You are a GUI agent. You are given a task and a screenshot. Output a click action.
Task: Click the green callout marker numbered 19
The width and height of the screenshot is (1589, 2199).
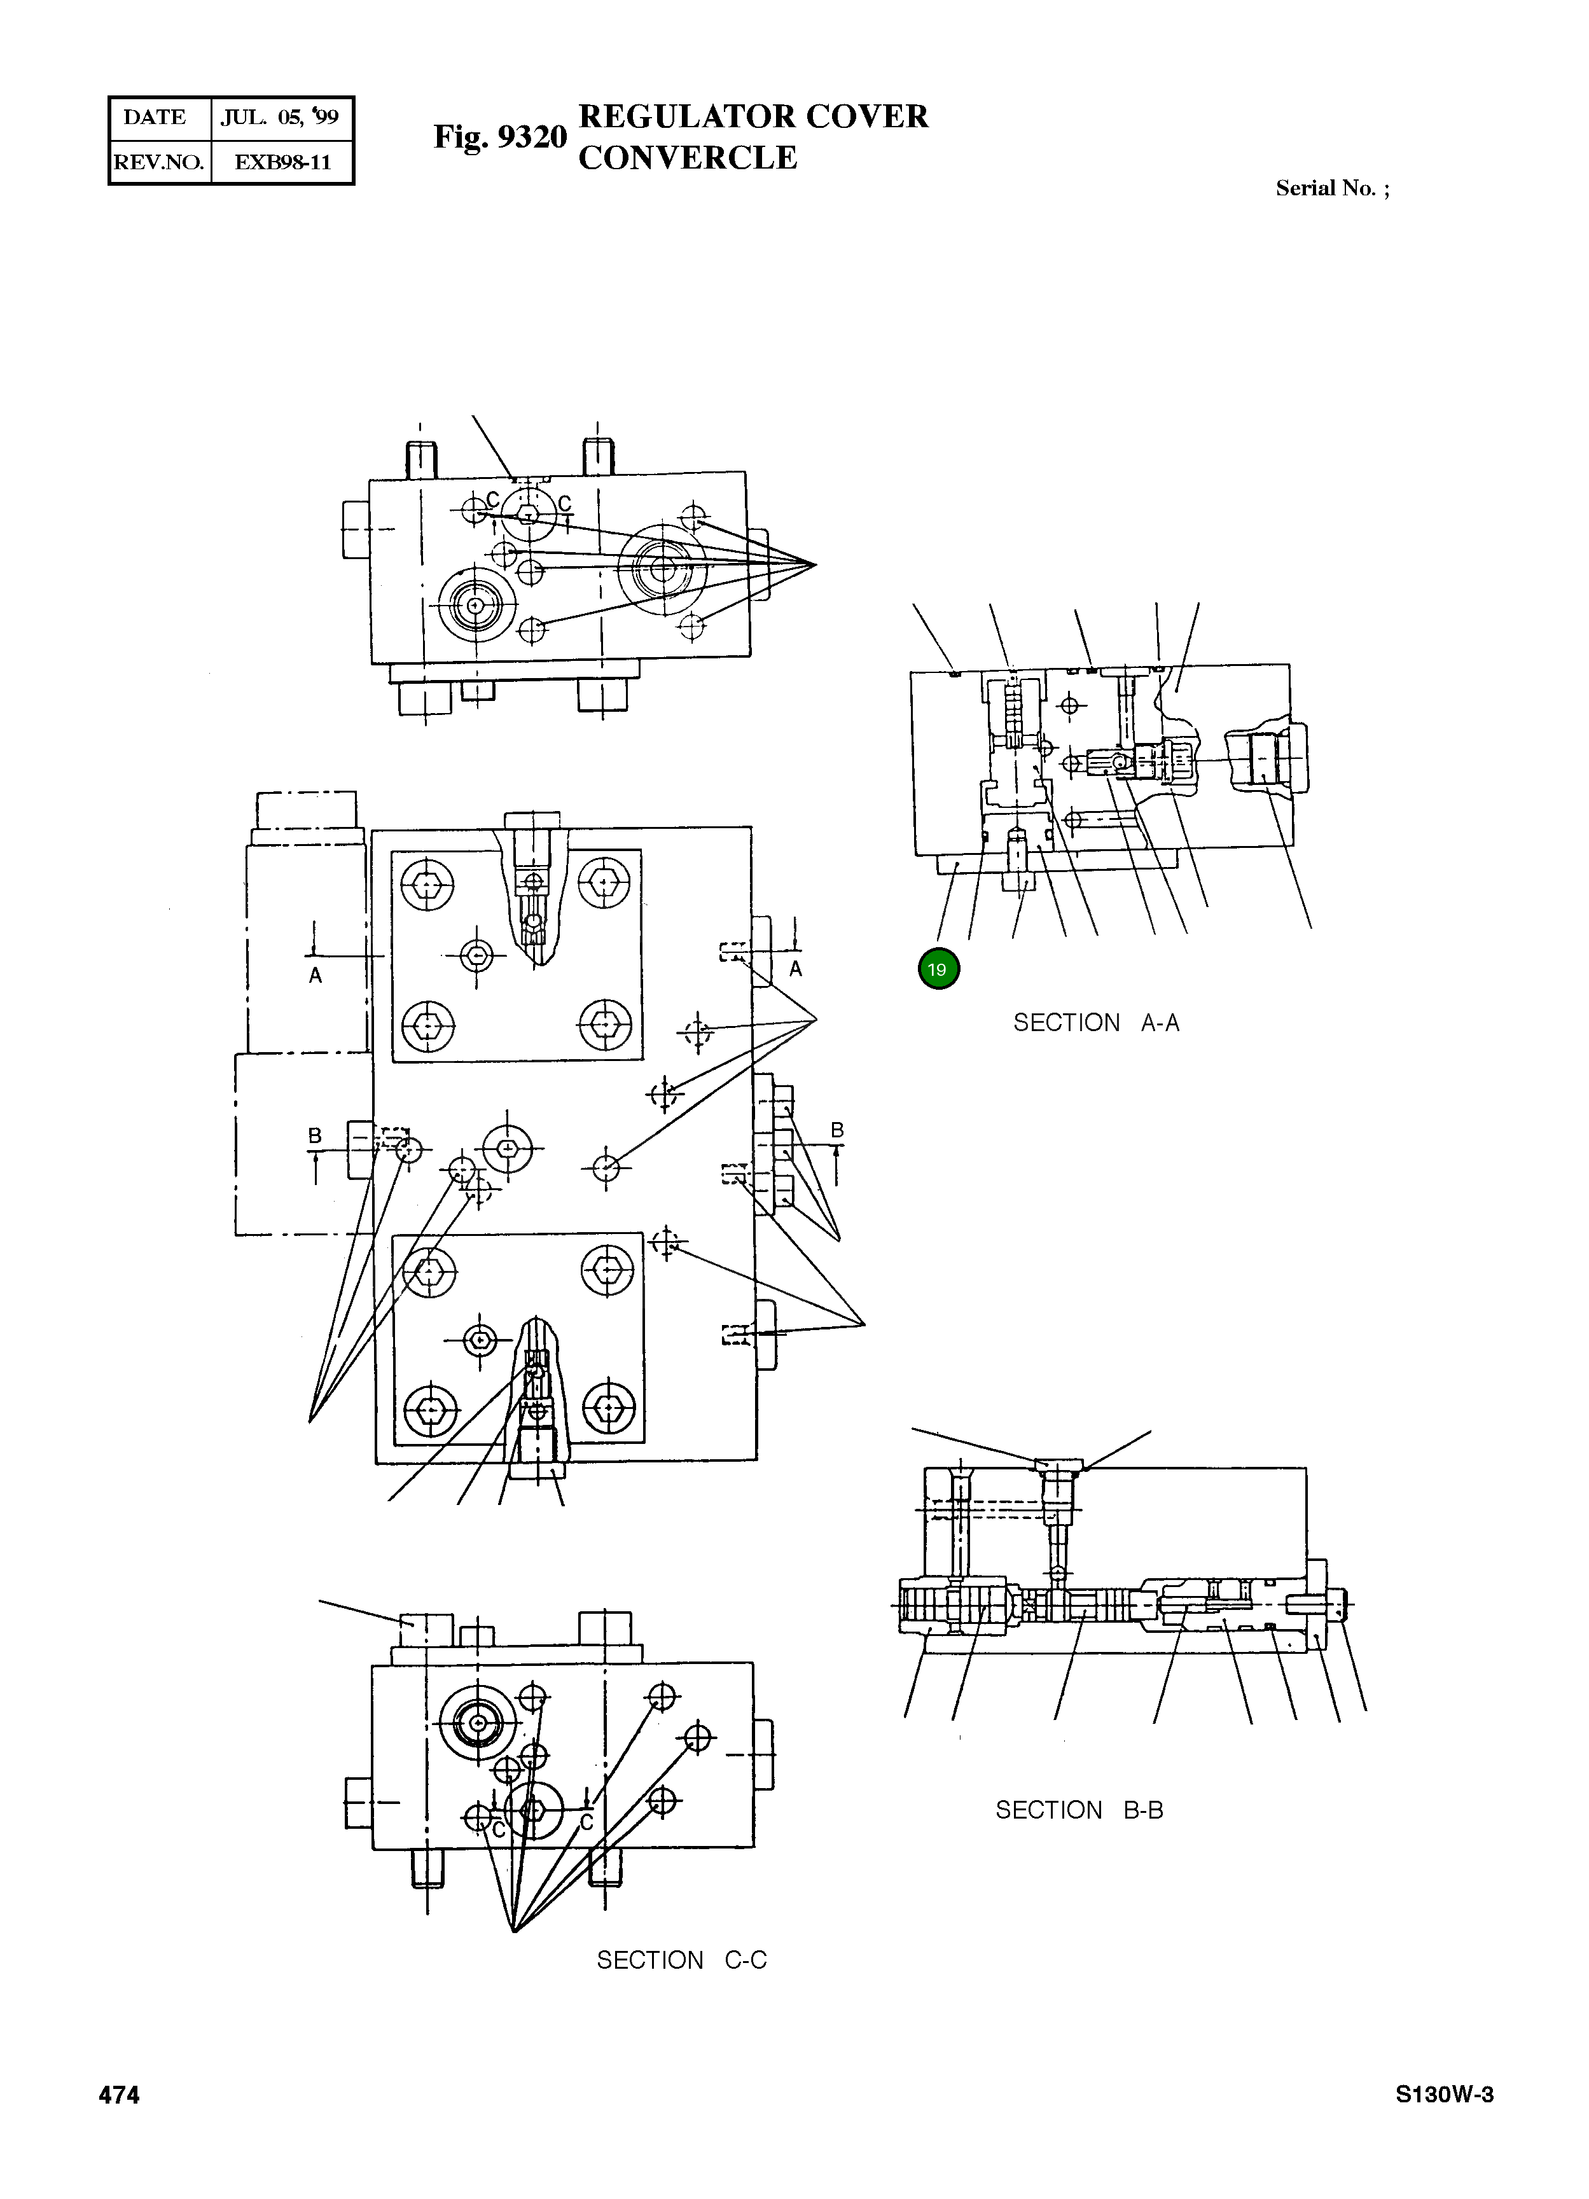938,969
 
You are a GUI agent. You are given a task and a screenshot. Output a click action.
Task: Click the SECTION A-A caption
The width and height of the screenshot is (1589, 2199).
1095,1023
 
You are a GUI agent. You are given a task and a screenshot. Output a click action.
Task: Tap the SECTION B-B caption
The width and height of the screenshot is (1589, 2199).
1078,1810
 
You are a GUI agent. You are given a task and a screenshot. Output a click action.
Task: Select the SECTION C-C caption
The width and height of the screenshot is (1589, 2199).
681,1960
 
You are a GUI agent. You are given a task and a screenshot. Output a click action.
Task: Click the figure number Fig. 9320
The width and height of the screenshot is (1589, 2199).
499,137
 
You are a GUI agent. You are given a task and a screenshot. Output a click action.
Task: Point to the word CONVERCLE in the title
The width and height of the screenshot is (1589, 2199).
688,157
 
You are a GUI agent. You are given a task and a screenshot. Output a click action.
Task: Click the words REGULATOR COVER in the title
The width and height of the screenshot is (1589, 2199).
753,116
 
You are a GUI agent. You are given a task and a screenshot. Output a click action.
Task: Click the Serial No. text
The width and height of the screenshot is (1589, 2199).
1332,188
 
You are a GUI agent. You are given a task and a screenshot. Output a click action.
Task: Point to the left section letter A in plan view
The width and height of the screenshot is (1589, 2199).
315,975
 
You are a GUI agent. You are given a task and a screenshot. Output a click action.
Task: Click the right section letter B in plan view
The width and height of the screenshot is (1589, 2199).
836,1130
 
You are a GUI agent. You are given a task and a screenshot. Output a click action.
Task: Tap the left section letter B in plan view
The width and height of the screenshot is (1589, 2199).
315,1134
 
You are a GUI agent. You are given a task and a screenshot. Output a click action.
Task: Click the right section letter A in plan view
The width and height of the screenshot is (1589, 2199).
795,969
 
